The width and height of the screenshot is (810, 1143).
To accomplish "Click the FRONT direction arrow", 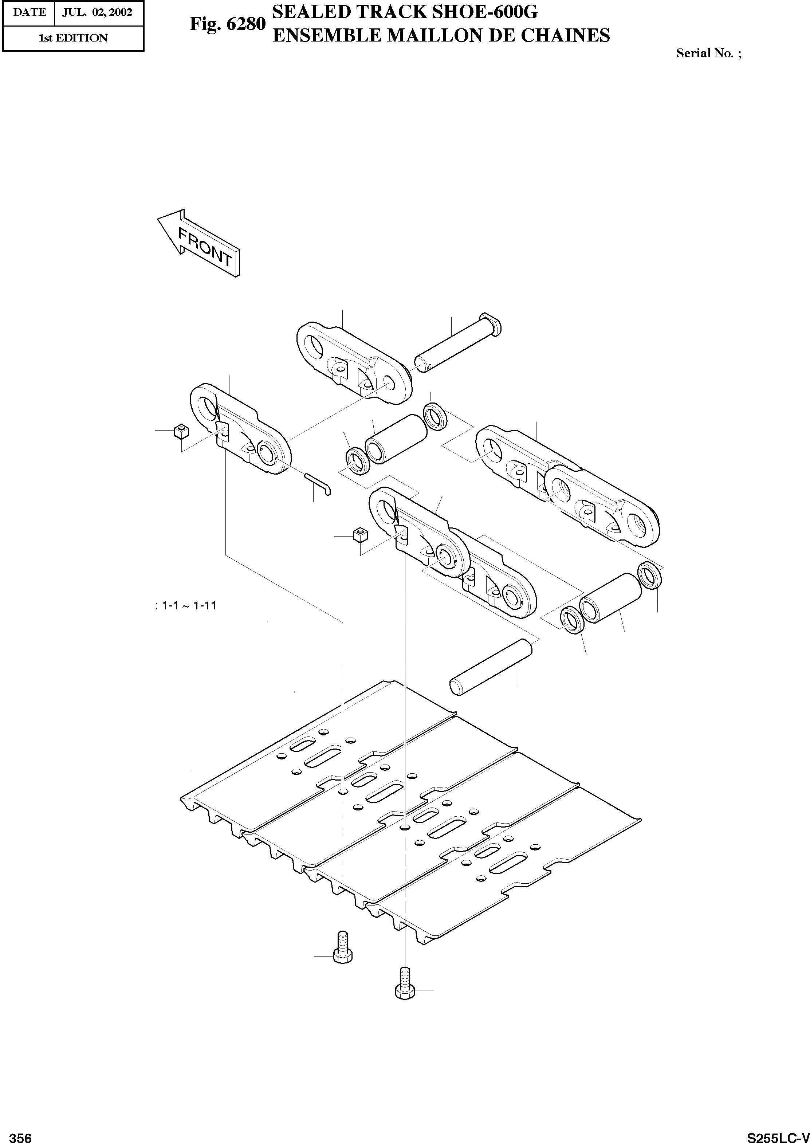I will coord(200,243).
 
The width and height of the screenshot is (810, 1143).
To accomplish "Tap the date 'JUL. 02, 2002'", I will coord(97,12).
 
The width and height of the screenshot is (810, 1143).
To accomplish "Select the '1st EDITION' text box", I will coord(73,38).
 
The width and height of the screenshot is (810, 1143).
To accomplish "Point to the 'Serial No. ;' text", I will coord(708,53).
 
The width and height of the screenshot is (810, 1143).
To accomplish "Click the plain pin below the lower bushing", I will coord(492,667).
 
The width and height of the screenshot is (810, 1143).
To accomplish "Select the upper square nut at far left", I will coord(181,431).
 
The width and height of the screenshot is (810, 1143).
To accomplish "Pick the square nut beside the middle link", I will coord(360,536).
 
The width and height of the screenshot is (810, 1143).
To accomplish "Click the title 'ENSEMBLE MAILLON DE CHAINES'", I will coord(441,35).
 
